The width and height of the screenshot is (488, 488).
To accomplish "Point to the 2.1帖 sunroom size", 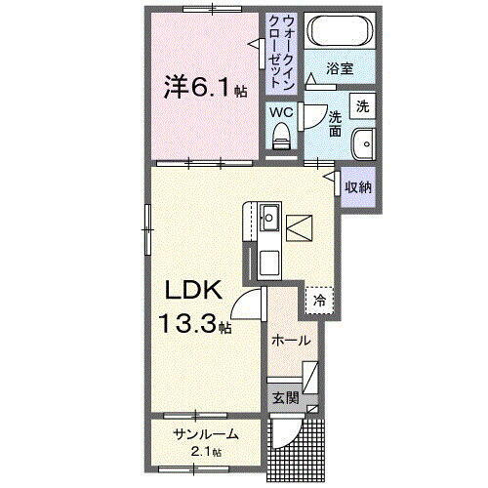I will click(205, 452).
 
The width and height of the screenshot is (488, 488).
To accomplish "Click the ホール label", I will click(291, 341).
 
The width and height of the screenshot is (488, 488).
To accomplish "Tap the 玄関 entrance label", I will click(284, 398).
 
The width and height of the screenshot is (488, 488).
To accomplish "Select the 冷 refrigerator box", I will click(319, 301).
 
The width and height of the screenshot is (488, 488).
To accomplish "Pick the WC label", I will click(281, 113).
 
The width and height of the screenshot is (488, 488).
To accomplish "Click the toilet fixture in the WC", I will click(281, 140).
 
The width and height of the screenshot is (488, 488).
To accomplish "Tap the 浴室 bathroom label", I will click(339, 70).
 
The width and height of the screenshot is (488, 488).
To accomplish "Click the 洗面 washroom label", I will click(335, 123).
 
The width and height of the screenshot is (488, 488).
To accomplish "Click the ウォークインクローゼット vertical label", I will click(281, 50).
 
